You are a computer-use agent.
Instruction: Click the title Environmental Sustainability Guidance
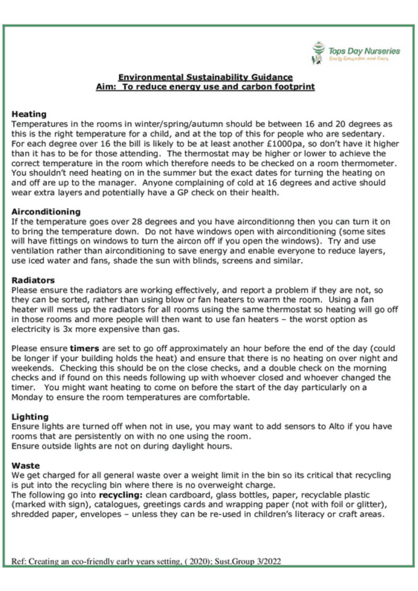click(x=205, y=77)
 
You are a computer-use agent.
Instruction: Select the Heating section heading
click(x=29, y=114)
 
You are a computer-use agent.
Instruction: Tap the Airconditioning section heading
click(x=46, y=212)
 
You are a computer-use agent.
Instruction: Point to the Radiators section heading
click(x=33, y=280)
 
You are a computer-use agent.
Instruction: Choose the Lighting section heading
click(x=30, y=417)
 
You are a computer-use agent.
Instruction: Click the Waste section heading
click(x=26, y=466)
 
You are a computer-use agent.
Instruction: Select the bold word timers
click(x=84, y=349)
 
